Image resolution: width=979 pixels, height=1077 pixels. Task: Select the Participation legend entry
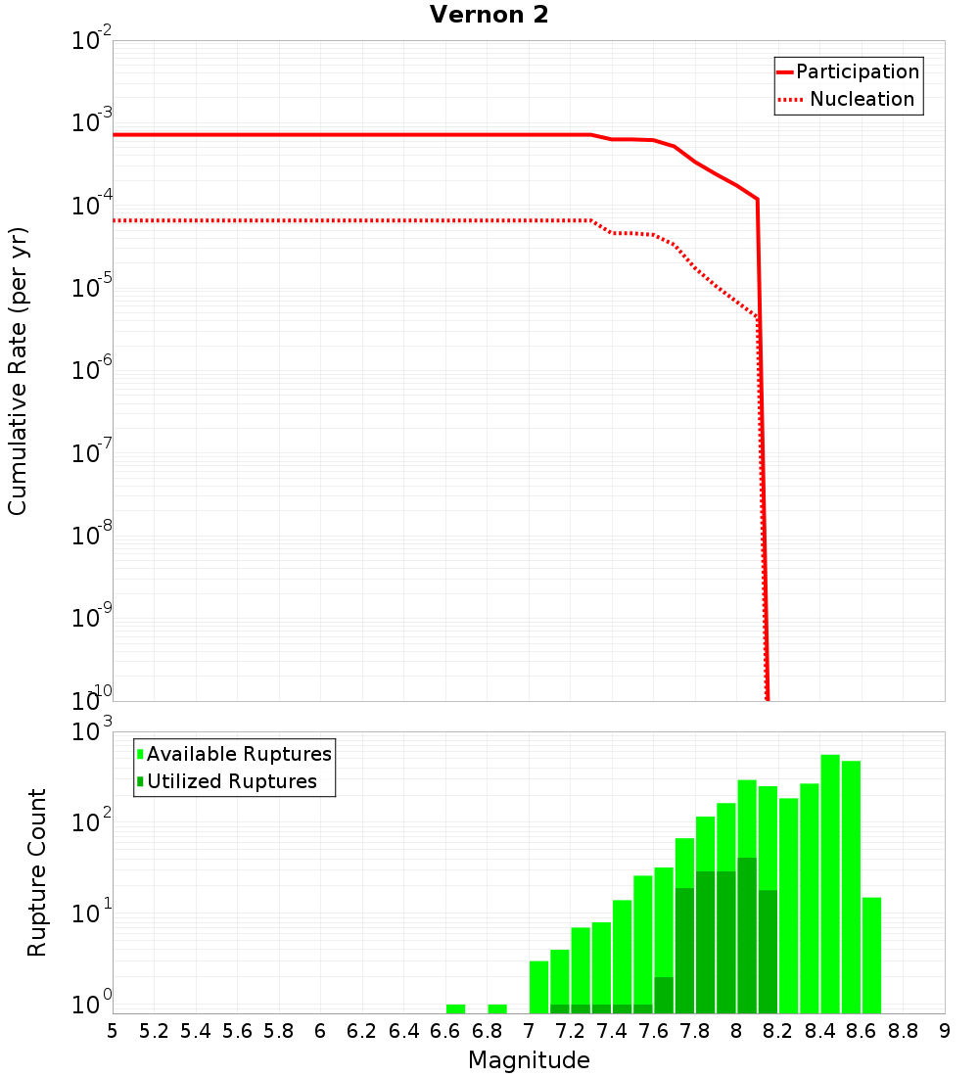click(857, 71)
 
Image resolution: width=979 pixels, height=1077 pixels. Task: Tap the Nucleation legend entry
click(861, 99)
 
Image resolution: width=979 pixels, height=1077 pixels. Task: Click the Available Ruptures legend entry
click(239, 754)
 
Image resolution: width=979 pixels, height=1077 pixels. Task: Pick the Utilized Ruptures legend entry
click(231, 781)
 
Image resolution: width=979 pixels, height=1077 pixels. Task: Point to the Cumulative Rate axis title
click(18, 370)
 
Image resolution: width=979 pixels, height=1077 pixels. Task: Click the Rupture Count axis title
click(37, 871)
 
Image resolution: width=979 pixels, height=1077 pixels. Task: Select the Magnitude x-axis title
click(529, 1060)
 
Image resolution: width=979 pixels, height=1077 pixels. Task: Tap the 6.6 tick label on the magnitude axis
click(445, 1031)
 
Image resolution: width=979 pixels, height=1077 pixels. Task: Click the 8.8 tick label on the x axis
click(903, 1031)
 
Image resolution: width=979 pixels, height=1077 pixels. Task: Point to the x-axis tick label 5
click(113, 1031)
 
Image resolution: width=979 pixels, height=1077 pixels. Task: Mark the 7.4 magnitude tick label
click(612, 1031)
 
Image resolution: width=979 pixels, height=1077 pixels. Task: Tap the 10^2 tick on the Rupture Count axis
click(91, 821)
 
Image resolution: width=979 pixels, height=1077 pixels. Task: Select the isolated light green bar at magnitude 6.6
click(455, 1008)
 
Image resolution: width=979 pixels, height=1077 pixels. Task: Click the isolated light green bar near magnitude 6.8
click(497, 1008)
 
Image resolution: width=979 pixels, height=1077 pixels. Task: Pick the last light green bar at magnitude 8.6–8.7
click(871, 955)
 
